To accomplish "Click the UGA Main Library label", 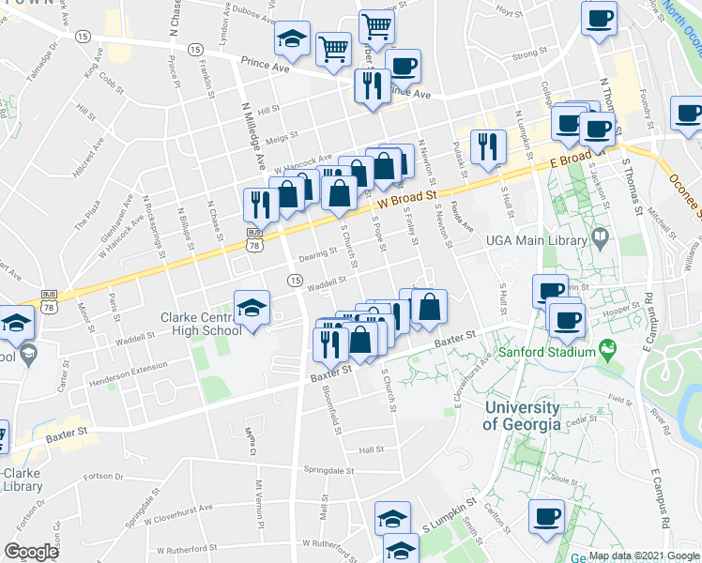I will (x=533, y=240).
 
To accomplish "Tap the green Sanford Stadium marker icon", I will (x=608, y=353).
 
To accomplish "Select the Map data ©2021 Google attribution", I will (x=644, y=555).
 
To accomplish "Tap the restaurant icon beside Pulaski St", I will (x=485, y=145).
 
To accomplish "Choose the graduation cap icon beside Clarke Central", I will (x=252, y=308).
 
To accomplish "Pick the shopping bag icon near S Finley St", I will (x=429, y=306).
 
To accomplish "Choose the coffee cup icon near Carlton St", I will (x=546, y=516).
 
